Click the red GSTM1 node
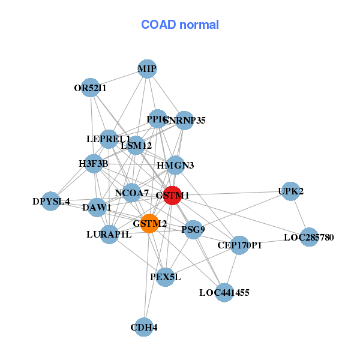pyautogui.click(x=172, y=196)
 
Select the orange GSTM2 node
pyautogui.click(x=149, y=224)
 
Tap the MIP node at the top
pyautogui.click(x=147, y=69)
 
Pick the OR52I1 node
pyautogui.click(x=90, y=88)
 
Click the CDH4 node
pyautogui.click(x=143, y=327)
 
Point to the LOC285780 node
pyautogui.click(x=309, y=238)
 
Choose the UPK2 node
pyautogui.click(x=290, y=191)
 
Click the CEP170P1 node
pyautogui.click(x=239, y=245)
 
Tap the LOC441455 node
pyautogui.click(x=224, y=293)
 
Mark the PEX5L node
pyautogui.click(x=165, y=277)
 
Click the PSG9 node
pyautogui.click(x=193, y=229)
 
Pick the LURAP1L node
pyautogui.click(x=109, y=234)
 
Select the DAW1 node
pyautogui.click(x=97, y=208)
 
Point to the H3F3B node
pyautogui.click(x=94, y=163)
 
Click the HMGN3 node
pyautogui.click(x=175, y=165)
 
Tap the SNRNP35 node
pyautogui.click(x=184, y=121)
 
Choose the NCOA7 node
pyautogui.click(x=132, y=193)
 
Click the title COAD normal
pyautogui.click(x=179, y=25)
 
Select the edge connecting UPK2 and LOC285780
pyautogui.click(x=300, y=215)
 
